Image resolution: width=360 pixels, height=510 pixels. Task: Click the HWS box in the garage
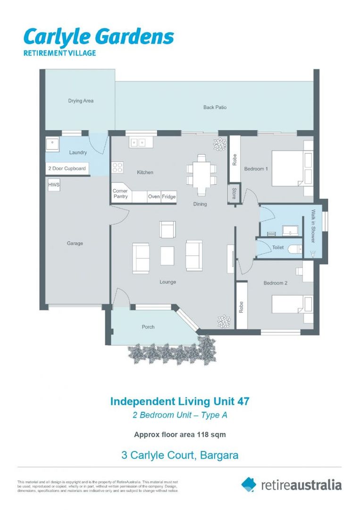click(54, 185)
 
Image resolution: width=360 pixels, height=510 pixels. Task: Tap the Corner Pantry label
click(120, 194)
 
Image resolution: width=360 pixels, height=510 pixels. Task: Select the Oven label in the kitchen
click(154, 196)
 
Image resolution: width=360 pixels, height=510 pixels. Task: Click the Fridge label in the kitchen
click(168, 196)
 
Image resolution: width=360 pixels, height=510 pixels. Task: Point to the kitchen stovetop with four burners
click(117, 167)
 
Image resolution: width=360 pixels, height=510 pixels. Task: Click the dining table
click(201, 175)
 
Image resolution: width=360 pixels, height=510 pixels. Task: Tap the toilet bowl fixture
click(294, 248)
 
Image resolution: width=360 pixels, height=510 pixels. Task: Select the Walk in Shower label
click(312, 226)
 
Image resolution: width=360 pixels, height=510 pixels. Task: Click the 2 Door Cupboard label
click(67, 169)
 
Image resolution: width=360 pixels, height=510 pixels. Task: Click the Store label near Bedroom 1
click(234, 194)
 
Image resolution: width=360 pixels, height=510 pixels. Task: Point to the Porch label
click(148, 327)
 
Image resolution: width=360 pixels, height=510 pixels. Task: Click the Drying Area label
click(81, 101)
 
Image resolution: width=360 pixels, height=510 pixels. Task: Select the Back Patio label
click(215, 107)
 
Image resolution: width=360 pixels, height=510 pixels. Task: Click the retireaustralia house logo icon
click(249, 484)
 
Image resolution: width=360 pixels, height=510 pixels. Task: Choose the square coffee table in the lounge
click(167, 255)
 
